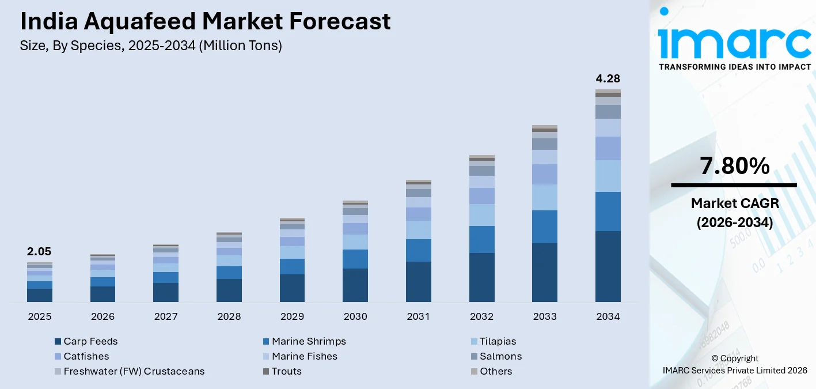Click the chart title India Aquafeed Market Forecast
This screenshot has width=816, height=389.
point(205,21)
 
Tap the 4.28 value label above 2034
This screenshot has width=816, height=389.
point(608,79)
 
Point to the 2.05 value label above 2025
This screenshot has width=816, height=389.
point(39,252)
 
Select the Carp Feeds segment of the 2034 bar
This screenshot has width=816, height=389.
point(608,266)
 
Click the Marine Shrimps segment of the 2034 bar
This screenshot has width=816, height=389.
point(608,212)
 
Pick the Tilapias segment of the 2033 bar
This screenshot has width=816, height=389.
point(544,197)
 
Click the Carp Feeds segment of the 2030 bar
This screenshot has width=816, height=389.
point(355,285)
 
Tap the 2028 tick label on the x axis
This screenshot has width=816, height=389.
point(229,316)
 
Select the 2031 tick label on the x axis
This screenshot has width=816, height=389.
point(419,316)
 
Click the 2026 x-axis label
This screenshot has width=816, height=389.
point(103,316)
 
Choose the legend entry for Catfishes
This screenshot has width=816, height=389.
point(86,356)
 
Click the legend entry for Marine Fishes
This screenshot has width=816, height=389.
point(304,356)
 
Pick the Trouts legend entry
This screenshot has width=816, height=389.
point(286,371)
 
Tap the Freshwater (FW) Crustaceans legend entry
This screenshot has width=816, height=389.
point(134,371)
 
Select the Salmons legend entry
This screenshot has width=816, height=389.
point(500,356)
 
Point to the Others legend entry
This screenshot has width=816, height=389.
point(495,371)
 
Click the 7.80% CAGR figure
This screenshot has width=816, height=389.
point(734,166)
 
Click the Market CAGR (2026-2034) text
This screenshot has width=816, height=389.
point(734,213)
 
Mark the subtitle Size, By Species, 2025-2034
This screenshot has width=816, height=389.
point(151,46)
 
